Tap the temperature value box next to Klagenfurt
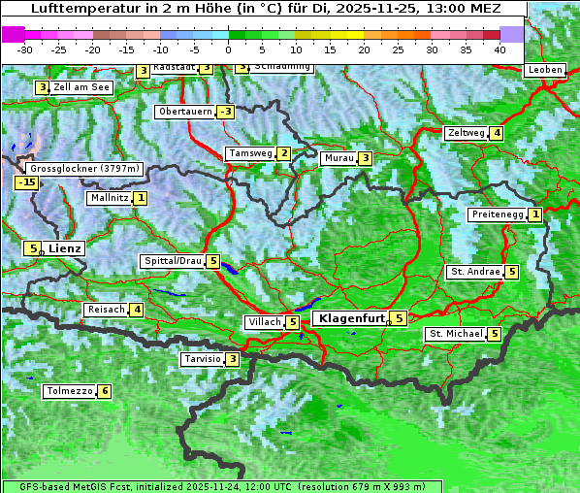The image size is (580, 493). (x=399, y=317)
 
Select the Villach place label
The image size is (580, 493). (x=263, y=322)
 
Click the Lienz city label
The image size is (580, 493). (x=65, y=248)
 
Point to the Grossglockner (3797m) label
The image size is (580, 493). (x=85, y=169)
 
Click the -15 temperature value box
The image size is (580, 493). (x=26, y=182)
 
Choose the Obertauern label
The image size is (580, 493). (x=184, y=112)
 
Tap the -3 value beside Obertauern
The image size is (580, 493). (x=225, y=112)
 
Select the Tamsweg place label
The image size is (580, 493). (x=249, y=153)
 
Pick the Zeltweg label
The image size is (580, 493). (x=467, y=133)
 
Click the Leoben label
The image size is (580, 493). (x=544, y=70)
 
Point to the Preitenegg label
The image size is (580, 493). (x=498, y=214)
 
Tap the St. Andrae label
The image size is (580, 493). (x=474, y=272)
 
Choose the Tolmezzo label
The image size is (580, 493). (x=69, y=392)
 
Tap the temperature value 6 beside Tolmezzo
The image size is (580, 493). (x=104, y=392)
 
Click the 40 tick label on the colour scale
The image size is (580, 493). (x=499, y=49)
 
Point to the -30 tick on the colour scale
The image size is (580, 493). (x=25, y=49)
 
